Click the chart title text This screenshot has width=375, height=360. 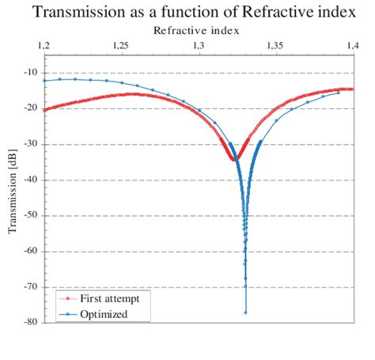[x=187, y=13]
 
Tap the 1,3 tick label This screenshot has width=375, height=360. [x=198, y=46]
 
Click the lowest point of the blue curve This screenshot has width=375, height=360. [x=245, y=312]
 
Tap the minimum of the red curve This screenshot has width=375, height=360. [x=234, y=159]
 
